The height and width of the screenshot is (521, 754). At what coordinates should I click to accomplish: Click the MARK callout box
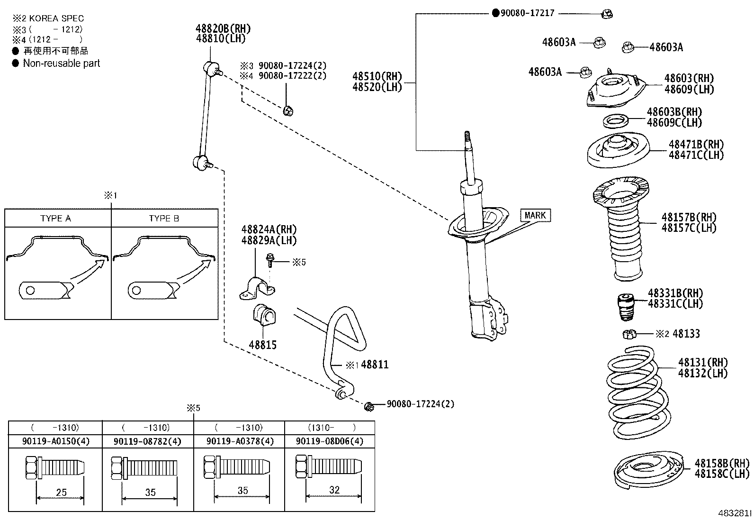click(x=535, y=216)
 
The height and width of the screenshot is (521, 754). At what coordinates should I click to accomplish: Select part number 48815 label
click(x=262, y=345)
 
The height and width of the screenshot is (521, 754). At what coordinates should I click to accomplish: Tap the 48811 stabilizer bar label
click(x=374, y=365)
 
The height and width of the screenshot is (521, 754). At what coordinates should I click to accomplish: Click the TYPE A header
click(x=55, y=219)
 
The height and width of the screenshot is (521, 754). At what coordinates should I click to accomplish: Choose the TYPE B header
click(x=164, y=219)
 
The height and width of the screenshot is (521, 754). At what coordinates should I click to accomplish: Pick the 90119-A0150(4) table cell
click(x=55, y=441)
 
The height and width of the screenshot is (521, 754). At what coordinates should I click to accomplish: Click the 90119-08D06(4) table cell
click(x=329, y=441)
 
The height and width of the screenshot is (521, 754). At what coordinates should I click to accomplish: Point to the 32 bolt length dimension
click(x=334, y=490)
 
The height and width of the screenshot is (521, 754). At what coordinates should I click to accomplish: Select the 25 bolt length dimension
click(x=61, y=493)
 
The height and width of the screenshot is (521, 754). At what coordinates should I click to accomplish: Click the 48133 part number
click(x=686, y=334)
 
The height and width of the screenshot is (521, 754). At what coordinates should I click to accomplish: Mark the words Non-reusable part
click(x=62, y=64)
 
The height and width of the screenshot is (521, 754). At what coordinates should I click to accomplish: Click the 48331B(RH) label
click(x=675, y=293)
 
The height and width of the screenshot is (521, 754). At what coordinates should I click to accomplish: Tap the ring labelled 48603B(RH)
click(x=616, y=121)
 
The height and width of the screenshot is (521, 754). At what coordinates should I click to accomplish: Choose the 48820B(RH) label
click(x=223, y=29)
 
